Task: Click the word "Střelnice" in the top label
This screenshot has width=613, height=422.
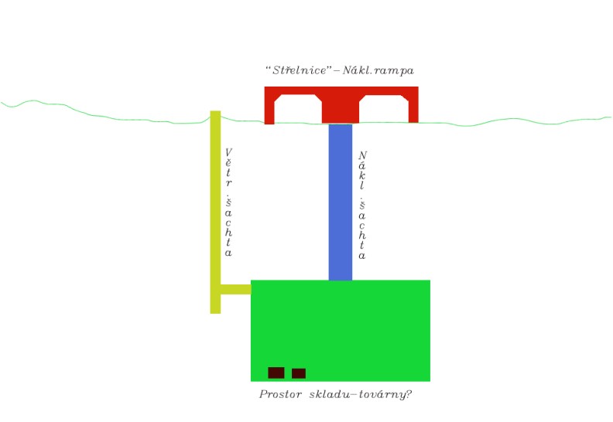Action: [299, 70]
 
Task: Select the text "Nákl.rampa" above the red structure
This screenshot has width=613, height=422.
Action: [378, 70]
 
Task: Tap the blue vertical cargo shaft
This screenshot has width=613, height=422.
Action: [340, 202]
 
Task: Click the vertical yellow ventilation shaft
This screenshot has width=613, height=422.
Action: [215, 212]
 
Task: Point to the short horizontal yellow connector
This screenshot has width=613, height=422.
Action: [236, 289]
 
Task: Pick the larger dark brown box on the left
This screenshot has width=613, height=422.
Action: [276, 373]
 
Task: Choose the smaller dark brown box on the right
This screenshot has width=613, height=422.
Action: [299, 373]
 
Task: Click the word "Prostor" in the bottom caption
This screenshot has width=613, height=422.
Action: [280, 394]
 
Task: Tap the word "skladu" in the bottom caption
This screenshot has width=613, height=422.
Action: [330, 394]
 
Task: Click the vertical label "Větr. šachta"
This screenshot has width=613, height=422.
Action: [228, 202]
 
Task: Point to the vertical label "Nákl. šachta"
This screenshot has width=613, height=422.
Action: [362, 206]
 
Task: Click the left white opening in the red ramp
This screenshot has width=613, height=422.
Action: [298, 109]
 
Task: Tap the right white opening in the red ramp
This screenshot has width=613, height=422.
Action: [384, 109]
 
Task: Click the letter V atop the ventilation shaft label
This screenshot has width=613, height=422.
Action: [228, 151]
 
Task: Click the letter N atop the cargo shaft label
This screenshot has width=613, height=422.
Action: [362, 155]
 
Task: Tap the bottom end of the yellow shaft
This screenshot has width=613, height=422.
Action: [215, 313]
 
